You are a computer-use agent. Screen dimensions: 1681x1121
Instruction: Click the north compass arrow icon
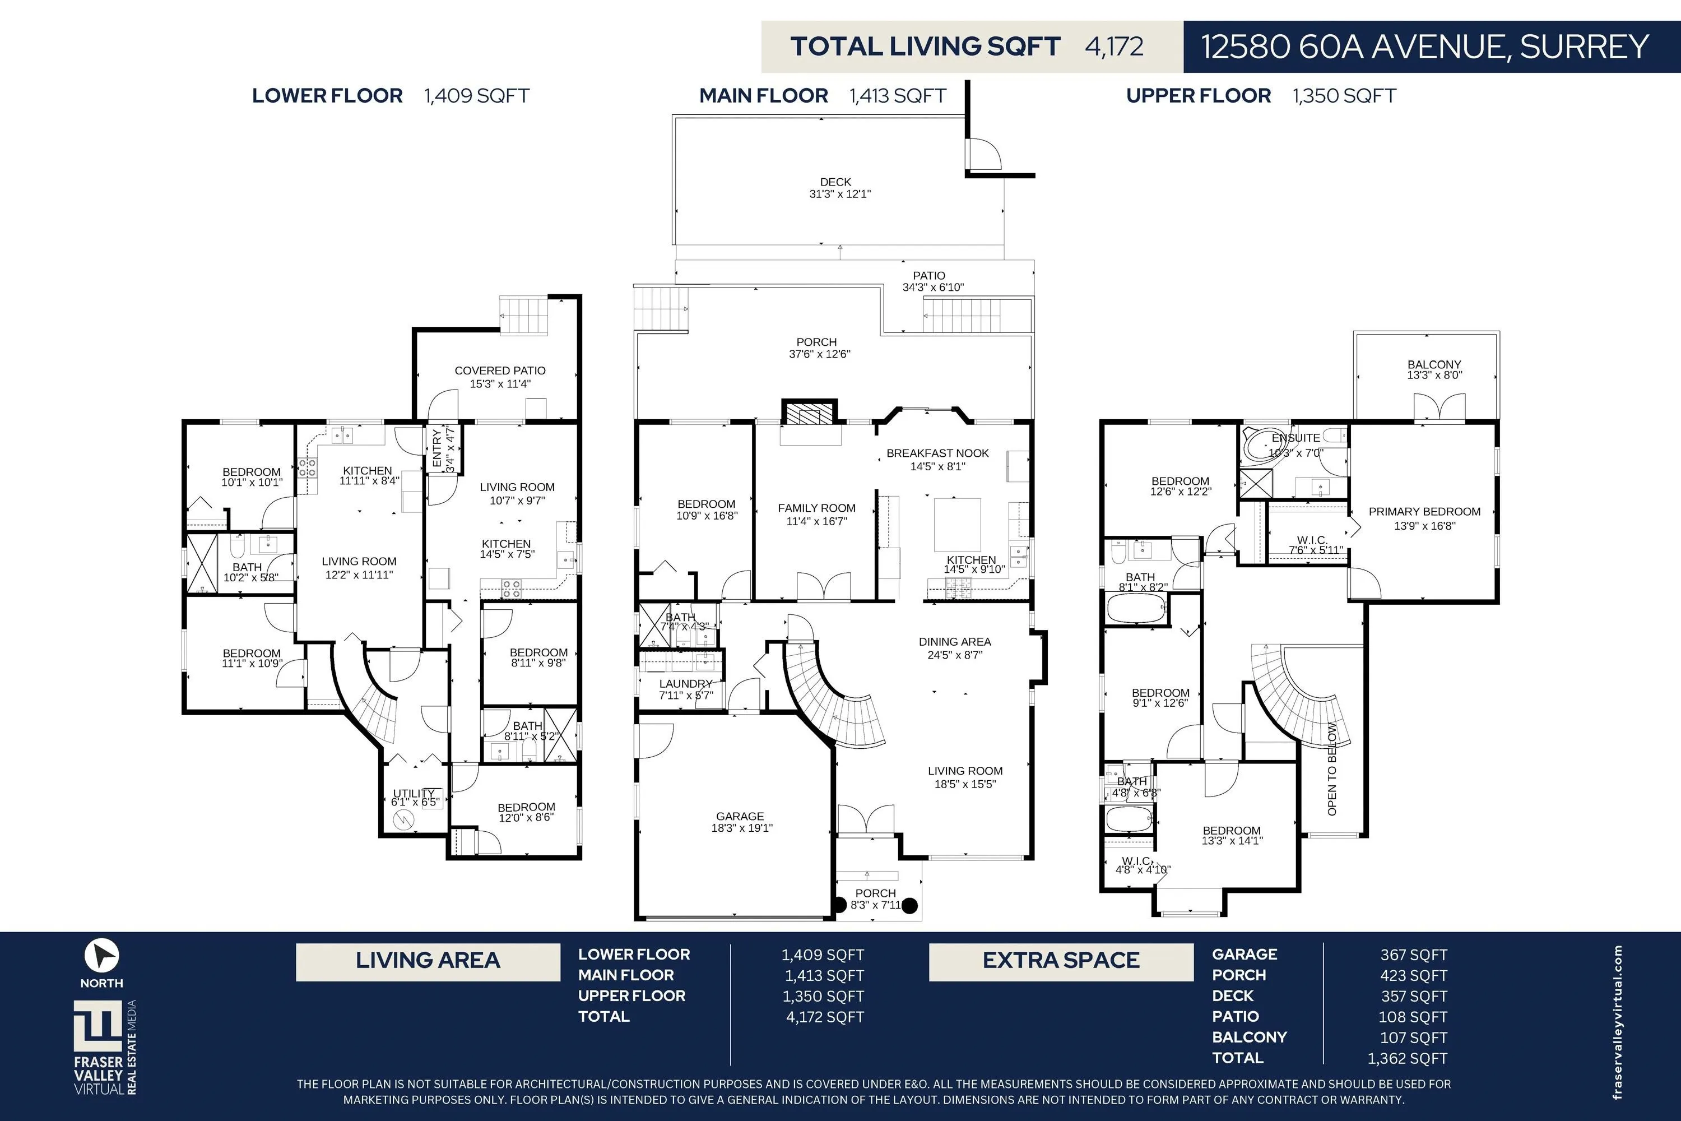(102, 955)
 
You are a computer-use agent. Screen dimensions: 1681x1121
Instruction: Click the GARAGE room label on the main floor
(740, 816)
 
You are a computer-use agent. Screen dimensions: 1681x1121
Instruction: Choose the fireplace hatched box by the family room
(809, 413)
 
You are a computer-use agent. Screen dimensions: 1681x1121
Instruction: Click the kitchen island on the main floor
(958, 524)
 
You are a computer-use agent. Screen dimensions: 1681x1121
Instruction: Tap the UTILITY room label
(414, 794)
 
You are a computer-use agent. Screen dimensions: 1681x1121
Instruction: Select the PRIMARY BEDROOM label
(1424, 511)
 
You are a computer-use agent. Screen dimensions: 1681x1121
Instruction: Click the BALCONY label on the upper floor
(1434, 364)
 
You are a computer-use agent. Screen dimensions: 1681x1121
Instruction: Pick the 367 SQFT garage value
(1414, 955)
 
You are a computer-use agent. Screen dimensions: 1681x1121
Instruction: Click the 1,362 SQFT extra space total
(1407, 1058)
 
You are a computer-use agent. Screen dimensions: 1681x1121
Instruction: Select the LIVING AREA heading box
(428, 962)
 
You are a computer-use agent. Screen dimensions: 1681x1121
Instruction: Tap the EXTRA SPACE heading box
(1061, 962)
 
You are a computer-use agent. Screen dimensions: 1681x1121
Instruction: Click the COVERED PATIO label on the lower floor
(500, 370)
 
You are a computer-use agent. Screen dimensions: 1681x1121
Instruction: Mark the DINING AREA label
(955, 641)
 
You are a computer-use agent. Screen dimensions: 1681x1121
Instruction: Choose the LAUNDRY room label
(685, 683)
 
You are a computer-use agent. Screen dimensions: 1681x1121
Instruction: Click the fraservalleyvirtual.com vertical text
(1617, 1022)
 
